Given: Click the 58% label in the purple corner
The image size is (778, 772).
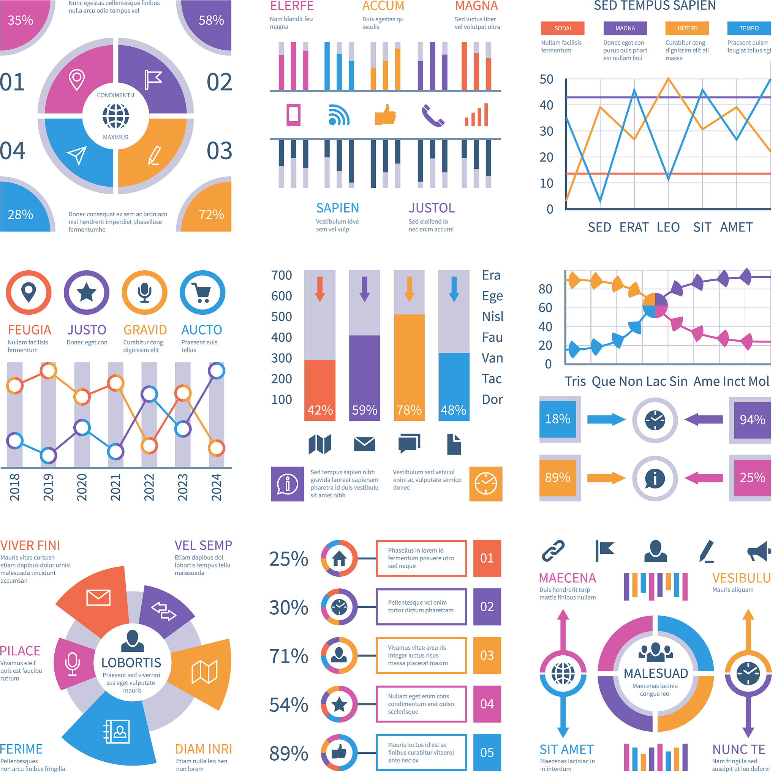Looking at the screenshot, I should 211,20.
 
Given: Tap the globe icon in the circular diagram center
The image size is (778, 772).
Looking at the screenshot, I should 115,116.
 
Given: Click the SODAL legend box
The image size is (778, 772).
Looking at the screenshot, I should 563,28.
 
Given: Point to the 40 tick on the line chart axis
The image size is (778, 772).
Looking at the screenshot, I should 546,105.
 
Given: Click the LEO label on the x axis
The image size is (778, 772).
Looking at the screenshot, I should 668,227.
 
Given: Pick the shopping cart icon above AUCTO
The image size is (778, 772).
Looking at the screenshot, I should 202,293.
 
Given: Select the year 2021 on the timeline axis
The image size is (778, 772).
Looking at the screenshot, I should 115,487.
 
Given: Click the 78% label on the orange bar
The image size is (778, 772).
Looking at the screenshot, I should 409,410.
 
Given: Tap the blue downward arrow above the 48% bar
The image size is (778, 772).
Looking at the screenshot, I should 454,289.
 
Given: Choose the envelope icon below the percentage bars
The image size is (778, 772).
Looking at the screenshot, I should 364,444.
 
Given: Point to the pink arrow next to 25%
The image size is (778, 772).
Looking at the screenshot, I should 704,478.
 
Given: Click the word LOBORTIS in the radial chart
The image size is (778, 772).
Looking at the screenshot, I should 131,663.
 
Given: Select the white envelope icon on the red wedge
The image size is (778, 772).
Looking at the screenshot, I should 98,598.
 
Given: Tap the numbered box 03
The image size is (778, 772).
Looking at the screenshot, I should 487,656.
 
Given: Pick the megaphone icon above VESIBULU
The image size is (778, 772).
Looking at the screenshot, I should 759,551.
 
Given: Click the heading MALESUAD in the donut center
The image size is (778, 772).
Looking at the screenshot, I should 656,673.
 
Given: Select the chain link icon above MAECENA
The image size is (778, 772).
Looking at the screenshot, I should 553,551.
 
